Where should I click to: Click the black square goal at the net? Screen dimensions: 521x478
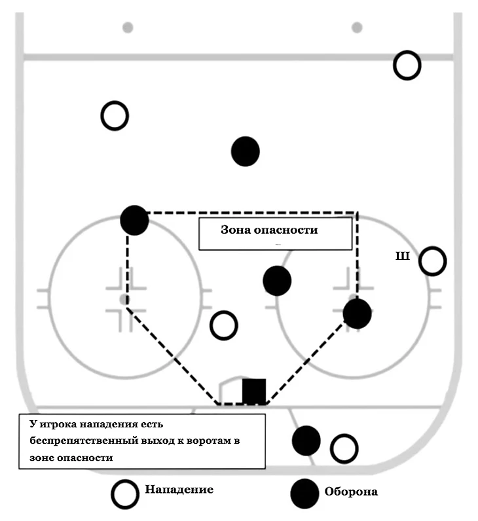(254, 391)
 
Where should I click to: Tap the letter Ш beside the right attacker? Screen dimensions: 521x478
(402, 256)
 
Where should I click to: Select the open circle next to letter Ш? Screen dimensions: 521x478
(432, 261)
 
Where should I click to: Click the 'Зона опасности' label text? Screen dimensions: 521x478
(269, 230)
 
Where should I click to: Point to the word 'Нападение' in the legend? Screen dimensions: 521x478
(179, 490)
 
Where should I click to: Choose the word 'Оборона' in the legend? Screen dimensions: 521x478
(351, 492)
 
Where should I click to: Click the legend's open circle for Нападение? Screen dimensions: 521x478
(125, 494)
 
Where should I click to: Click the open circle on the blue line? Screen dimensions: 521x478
(407, 65)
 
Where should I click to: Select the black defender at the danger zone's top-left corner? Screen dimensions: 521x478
(135, 220)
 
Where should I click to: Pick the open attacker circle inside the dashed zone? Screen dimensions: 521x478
(224, 325)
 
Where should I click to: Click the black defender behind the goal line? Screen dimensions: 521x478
(306, 440)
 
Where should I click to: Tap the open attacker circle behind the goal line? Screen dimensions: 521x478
(344, 449)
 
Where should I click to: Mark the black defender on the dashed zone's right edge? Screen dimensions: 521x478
(358, 314)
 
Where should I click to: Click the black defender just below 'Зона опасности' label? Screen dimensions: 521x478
(277, 281)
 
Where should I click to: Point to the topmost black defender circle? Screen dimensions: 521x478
(246, 151)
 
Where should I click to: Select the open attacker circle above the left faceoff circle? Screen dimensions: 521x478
(115, 116)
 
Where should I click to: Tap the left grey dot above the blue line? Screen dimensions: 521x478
(128, 27)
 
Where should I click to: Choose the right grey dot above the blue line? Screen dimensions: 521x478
(357, 27)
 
